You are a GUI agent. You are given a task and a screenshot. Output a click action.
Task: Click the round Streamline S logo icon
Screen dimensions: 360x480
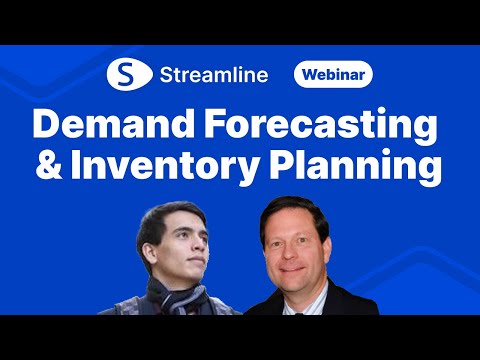coord(126,75)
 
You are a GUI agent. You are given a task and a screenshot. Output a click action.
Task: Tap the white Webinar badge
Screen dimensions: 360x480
coord(333,75)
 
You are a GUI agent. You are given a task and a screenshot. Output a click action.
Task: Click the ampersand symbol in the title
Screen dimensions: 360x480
coord(49,165)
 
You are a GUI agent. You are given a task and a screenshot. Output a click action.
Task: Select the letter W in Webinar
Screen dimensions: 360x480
coord(306,75)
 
